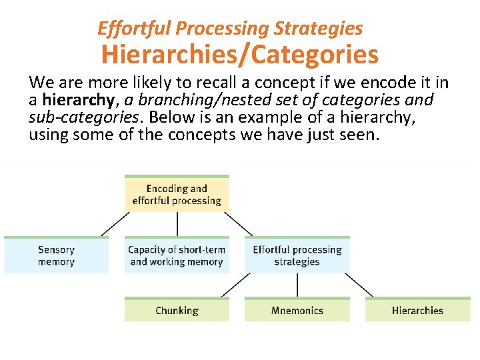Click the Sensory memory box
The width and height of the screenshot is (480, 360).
pyautogui.click(x=56, y=256)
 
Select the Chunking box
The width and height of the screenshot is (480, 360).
pyautogui.click(x=177, y=311)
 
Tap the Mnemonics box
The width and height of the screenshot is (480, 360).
pyautogui.click(x=297, y=311)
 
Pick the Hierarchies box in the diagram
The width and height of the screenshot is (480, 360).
pyautogui.click(x=417, y=311)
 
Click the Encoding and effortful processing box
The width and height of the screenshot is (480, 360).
pyautogui.click(x=177, y=195)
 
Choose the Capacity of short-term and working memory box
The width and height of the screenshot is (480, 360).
pyautogui.click(x=177, y=256)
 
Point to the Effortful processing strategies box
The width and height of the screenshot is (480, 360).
pyautogui.click(x=297, y=256)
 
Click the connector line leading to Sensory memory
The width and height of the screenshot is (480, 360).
pyautogui.click(x=115, y=224)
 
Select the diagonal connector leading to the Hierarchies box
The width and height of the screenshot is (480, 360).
pyautogui.click(x=359, y=285)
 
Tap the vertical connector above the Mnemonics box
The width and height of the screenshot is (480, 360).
pyautogui.click(x=297, y=285)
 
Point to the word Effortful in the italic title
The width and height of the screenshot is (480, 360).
pyautogui.click(x=125, y=29)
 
